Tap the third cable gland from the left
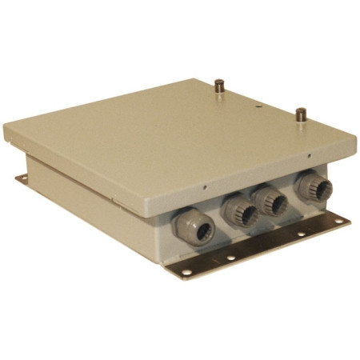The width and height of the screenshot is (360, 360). coord(272,202)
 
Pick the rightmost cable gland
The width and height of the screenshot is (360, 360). coord(311,189)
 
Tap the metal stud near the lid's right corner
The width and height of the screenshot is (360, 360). coord(300,114)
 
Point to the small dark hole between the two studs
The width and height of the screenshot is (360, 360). coord(258,103)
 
